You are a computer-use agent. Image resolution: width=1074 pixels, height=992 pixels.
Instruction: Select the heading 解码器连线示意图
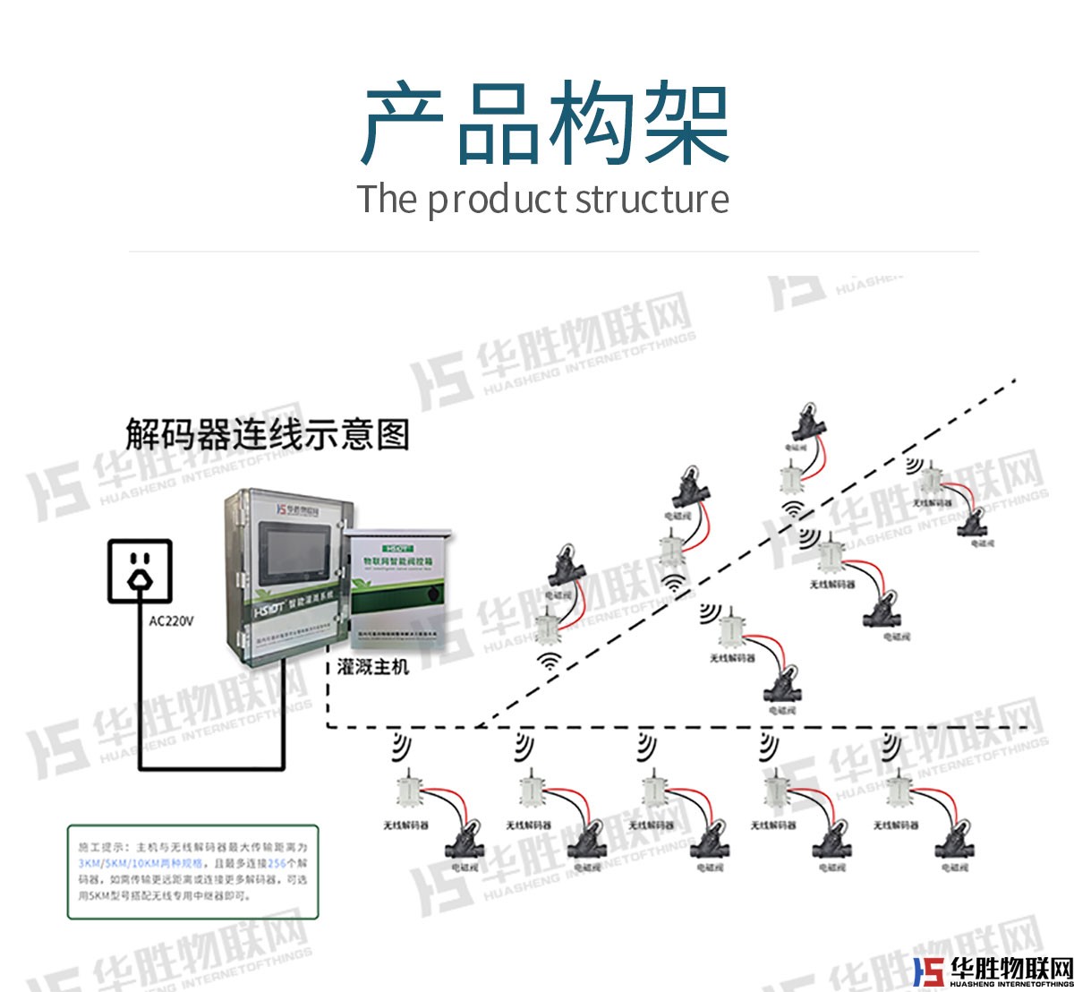tap(267, 434)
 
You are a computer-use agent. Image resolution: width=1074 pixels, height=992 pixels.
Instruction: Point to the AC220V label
tap(171, 621)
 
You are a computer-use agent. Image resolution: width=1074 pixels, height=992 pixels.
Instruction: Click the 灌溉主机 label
tap(372, 667)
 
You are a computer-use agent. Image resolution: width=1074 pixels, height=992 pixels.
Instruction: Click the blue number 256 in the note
tap(277, 864)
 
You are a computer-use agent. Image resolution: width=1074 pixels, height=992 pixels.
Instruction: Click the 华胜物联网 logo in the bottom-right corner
tap(993, 970)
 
